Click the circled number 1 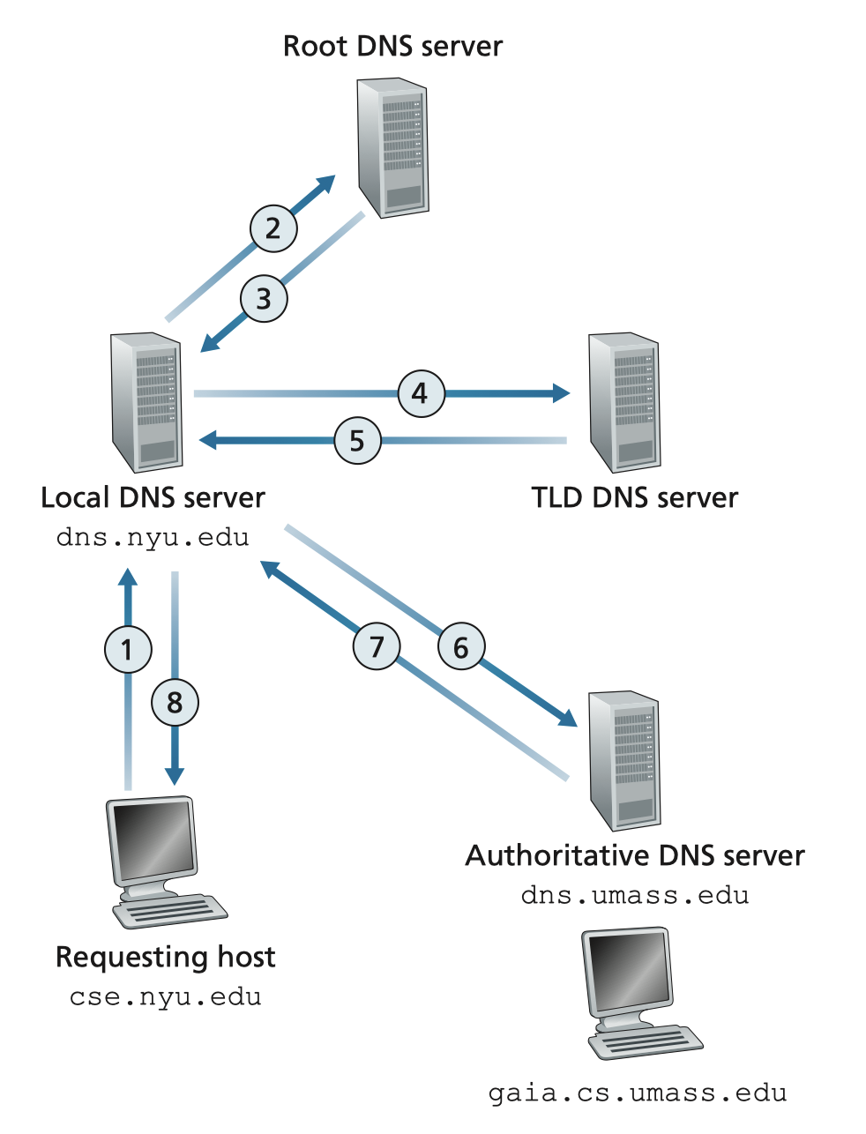point(128,650)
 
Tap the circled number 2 point(273,228)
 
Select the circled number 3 point(264,299)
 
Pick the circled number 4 point(421,392)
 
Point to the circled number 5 point(357,440)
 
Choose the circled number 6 point(461,647)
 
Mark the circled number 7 point(377,646)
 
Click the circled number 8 point(175,703)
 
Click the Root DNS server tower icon point(392,146)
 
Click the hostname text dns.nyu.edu point(153,537)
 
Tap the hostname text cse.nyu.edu point(165,997)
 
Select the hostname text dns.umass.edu point(635,896)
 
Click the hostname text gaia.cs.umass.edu point(638,1094)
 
